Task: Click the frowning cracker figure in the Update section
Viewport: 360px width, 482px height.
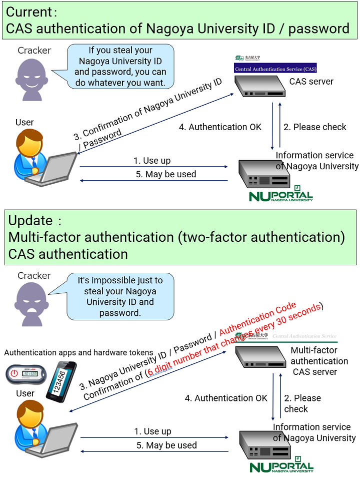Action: pyautogui.click(x=34, y=301)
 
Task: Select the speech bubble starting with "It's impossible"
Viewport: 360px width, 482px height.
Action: pyautogui.click(x=120, y=296)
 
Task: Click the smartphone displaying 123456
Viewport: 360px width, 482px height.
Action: pyautogui.click(x=61, y=381)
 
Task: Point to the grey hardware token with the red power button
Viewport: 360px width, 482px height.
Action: pyautogui.click(x=24, y=373)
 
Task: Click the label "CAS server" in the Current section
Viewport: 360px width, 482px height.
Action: pyautogui.click(x=311, y=81)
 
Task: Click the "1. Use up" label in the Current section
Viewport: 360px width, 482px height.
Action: pyautogui.click(x=151, y=161)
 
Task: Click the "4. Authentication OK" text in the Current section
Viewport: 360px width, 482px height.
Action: pyautogui.click(x=220, y=127)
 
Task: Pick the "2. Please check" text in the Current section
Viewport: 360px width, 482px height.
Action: pyautogui.click(x=314, y=127)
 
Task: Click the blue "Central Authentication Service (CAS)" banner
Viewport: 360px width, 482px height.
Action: pyautogui.click(x=275, y=69)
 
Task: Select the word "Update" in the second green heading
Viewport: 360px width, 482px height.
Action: pyautogui.click(x=30, y=221)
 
